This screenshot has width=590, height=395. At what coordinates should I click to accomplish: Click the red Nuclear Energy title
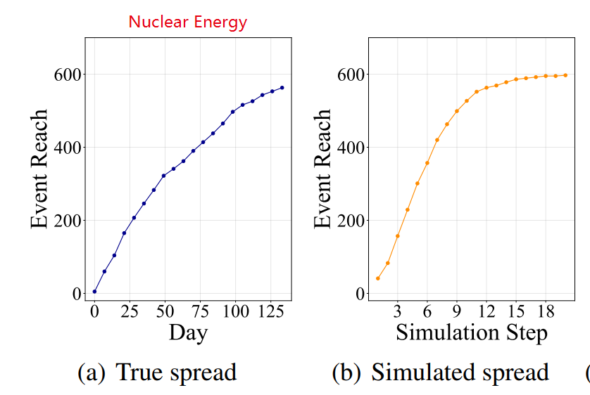pyautogui.click(x=187, y=22)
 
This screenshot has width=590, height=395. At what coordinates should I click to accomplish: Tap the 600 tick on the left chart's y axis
pyautogui.click(x=67, y=75)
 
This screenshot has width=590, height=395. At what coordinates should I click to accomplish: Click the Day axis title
pyautogui.click(x=188, y=332)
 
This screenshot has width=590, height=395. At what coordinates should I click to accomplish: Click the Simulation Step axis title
pyautogui.click(x=471, y=332)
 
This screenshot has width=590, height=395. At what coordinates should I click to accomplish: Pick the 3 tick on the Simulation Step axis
pyautogui.click(x=397, y=311)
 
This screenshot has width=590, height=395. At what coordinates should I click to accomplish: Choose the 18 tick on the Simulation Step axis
pyautogui.click(x=545, y=311)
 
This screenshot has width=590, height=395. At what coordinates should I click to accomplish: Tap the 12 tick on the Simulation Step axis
pyautogui.click(x=486, y=311)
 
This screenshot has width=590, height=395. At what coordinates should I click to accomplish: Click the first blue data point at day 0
pyautogui.click(x=94, y=292)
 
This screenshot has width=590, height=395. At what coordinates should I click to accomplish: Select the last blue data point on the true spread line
pyautogui.click(x=282, y=88)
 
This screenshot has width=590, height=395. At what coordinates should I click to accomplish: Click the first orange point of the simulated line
pyautogui.click(x=377, y=278)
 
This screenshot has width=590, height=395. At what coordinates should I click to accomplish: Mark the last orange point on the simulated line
pyautogui.click(x=565, y=75)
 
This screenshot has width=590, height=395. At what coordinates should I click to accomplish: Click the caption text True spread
pyautogui.click(x=175, y=372)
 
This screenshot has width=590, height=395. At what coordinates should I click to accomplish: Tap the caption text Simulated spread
pyautogui.click(x=460, y=372)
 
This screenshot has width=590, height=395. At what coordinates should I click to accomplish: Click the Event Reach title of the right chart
pyautogui.click(x=322, y=169)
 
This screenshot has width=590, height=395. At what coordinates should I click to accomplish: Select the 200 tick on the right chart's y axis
pyautogui.click(x=349, y=221)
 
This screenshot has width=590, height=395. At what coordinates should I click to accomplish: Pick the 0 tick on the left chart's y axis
pyautogui.click(x=76, y=294)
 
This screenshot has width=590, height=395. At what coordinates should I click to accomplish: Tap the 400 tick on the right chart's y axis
pyautogui.click(x=349, y=148)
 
